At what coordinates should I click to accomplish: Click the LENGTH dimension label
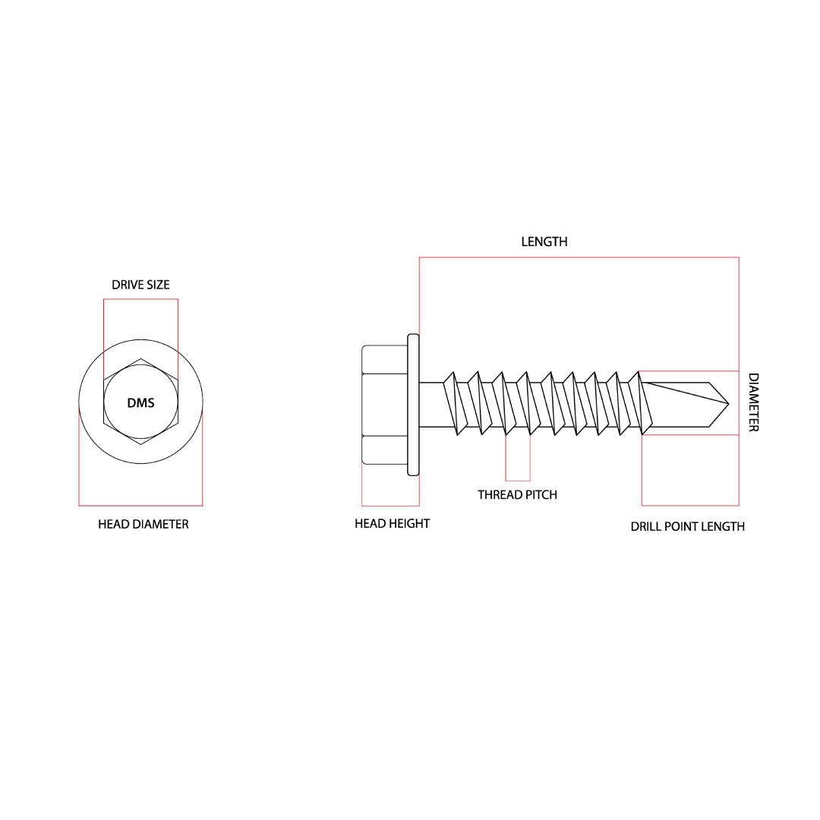[x=544, y=241]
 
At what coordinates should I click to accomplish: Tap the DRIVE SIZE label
[x=140, y=285]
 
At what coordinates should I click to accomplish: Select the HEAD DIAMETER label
[x=143, y=524]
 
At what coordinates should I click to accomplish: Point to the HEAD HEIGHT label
[x=392, y=523]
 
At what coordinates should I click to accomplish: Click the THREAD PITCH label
[x=517, y=494]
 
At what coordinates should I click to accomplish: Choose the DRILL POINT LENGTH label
[x=687, y=526]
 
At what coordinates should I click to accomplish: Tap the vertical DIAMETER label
[x=753, y=402]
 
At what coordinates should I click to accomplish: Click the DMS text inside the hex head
[x=140, y=402]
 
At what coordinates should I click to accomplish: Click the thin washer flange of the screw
[x=414, y=404]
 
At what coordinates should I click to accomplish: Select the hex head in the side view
[x=385, y=404]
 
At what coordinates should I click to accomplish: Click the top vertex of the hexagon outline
[x=140, y=358]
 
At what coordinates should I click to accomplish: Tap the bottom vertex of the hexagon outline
[x=140, y=444]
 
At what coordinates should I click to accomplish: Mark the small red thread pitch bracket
[x=518, y=480]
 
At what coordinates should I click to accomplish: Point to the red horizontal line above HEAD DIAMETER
[x=140, y=505]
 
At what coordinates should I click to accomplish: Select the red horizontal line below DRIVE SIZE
[x=140, y=299]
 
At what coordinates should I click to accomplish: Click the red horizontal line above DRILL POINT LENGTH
[x=689, y=505]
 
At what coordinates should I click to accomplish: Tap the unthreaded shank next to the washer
[x=430, y=404]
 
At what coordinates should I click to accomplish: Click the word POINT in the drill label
[x=680, y=526]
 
